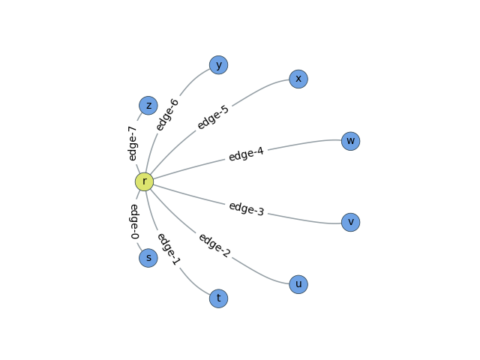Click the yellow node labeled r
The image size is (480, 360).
click(144, 181)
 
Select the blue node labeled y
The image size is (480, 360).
click(218, 65)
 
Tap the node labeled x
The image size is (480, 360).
click(298, 79)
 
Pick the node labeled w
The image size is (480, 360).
click(350, 141)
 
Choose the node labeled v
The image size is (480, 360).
click(350, 222)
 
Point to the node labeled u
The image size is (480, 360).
click(298, 284)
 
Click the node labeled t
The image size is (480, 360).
click(218, 298)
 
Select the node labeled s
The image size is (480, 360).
click(148, 258)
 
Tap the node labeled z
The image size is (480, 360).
click(148, 106)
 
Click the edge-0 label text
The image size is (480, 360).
click(134, 222)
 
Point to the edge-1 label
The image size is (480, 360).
click(169, 249)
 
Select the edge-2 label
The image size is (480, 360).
click(214, 245)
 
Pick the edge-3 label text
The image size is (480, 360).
click(247, 208)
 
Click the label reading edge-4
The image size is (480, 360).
click(246, 154)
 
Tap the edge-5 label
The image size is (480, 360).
click(213, 118)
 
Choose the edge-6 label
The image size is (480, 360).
click(167, 115)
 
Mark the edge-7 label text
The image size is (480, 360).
click(132, 143)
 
